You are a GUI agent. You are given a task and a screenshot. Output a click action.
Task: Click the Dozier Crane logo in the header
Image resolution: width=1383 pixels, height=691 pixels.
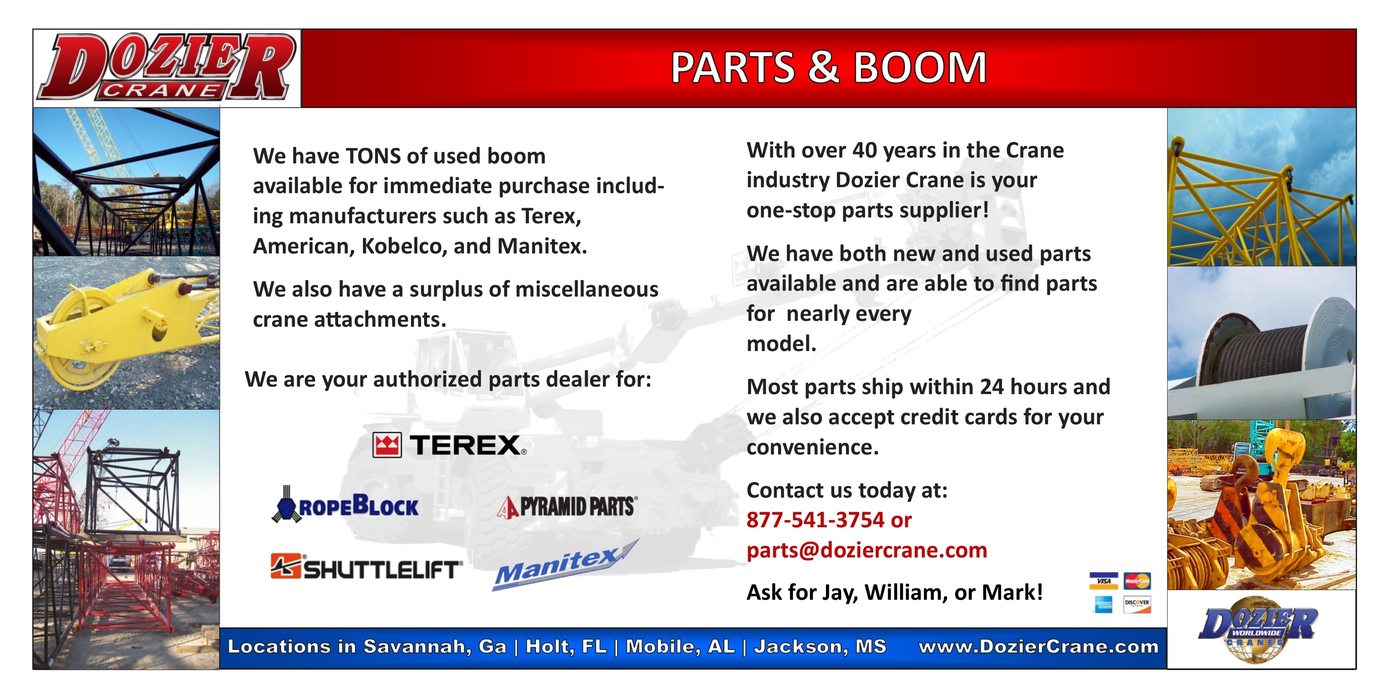(166, 67)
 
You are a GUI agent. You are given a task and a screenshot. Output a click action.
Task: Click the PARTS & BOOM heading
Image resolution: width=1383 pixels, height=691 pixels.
(829, 68)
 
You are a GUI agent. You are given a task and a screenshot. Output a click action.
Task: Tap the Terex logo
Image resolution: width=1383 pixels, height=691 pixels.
(449, 445)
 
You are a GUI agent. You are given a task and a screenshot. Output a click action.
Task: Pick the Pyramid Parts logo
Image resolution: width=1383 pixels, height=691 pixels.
(567, 506)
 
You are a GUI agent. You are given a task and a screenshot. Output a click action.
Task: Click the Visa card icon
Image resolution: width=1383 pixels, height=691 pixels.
(1104, 581)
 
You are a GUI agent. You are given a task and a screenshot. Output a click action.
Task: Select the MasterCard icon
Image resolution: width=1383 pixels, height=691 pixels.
(1137, 581)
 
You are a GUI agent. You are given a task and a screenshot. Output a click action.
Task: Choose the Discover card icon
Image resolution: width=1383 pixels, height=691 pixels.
(1137, 604)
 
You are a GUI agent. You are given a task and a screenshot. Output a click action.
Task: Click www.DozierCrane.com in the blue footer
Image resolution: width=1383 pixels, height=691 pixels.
(1039, 647)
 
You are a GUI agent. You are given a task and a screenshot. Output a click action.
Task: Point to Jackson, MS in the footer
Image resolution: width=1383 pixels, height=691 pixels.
(820, 647)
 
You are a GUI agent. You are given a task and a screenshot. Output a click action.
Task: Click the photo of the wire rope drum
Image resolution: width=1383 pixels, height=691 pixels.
(1261, 343)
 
